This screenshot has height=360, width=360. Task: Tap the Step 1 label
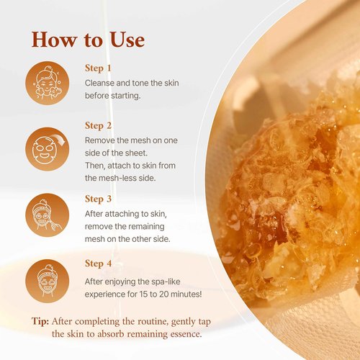[x=99, y=68]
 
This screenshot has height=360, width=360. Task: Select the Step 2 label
[x=99, y=126]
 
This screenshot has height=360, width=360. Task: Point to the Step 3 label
[x=99, y=199]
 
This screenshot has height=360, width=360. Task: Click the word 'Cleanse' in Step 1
[x=102, y=83]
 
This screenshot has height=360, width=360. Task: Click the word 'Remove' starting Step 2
[x=102, y=141]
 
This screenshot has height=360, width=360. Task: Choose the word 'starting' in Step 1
[x=134, y=96]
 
